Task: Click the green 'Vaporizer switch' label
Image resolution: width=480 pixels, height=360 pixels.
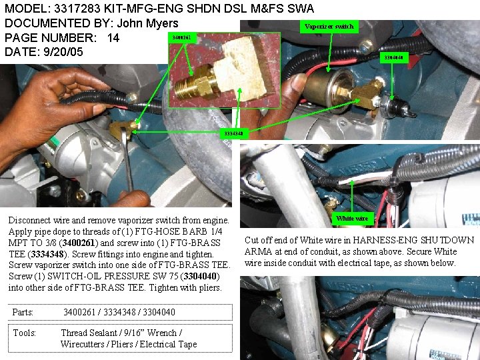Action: click(329, 27)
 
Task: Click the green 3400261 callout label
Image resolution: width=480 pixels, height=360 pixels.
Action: click(181, 37)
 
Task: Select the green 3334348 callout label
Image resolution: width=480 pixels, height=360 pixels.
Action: click(233, 133)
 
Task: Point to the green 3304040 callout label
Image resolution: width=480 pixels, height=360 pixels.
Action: click(392, 57)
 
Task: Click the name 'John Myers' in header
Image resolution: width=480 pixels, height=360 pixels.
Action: click(147, 23)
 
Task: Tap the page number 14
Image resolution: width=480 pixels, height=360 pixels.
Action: click(113, 38)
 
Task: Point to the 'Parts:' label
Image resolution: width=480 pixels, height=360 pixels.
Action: click(23, 312)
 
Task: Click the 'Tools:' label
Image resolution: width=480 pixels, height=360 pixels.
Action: click(25, 333)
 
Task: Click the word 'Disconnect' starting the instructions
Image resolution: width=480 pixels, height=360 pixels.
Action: click(29, 220)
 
